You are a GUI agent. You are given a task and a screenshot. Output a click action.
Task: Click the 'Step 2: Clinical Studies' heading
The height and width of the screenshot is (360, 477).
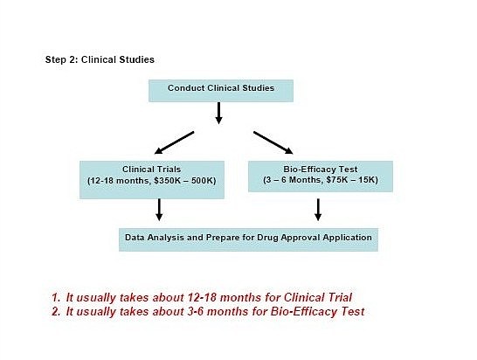(100, 59)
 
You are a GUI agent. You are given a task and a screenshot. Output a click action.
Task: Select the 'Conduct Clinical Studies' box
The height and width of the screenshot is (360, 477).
(221, 91)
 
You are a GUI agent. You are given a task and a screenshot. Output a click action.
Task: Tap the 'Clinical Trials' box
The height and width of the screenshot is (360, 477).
(152, 180)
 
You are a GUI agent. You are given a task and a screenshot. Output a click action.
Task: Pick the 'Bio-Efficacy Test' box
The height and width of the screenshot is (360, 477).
(321, 177)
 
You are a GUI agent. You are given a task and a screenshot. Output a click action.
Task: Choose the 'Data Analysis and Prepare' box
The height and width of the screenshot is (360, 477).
(248, 239)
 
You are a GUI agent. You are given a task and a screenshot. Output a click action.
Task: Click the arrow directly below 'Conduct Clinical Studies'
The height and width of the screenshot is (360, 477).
(218, 114)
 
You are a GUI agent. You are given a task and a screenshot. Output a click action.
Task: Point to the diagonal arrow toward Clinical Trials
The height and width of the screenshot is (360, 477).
(175, 142)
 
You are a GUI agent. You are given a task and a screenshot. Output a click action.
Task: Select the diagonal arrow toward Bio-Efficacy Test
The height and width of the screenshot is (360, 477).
(273, 142)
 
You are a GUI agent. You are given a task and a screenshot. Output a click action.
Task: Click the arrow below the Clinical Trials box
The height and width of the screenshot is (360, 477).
(159, 210)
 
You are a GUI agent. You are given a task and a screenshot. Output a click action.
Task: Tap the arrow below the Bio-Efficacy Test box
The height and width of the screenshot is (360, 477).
(318, 210)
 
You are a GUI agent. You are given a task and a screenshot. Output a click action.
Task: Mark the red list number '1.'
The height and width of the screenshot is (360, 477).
(56, 297)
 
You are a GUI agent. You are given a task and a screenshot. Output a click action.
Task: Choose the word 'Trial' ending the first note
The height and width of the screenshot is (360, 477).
(340, 297)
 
